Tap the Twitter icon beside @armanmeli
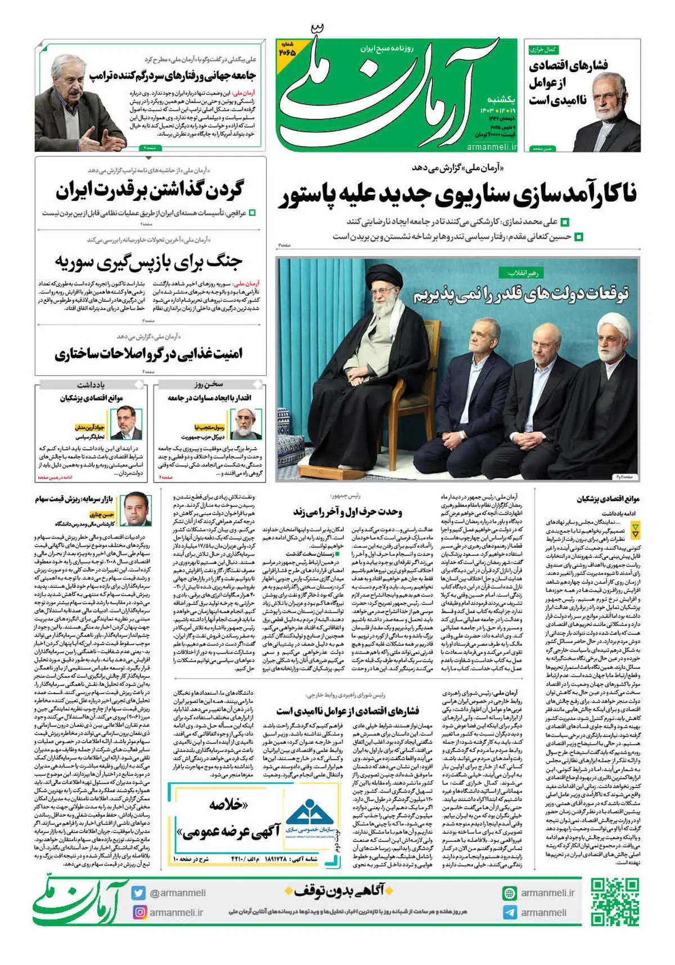[x=139, y=892]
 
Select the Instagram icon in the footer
[x=139, y=912]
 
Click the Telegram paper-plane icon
[x=510, y=912]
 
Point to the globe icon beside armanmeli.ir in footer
[x=510, y=892]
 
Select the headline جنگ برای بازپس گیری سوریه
[x=148, y=262]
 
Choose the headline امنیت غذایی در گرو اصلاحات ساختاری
[x=148, y=354]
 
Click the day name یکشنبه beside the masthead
[x=499, y=99]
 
